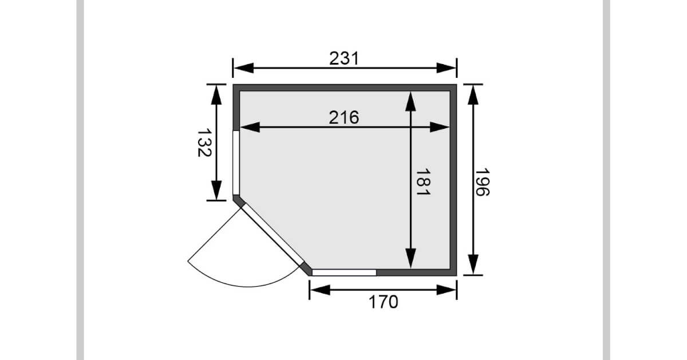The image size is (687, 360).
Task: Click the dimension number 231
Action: [x=344, y=58]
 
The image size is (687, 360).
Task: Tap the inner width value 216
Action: [x=344, y=117]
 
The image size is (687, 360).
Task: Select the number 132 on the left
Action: [x=204, y=143]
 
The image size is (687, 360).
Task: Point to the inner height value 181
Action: [x=423, y=182]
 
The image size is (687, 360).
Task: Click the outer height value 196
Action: [x=482, y=182]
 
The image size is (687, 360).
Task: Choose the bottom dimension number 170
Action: [x=384, y=302]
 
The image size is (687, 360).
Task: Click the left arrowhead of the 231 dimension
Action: [x=243, y=68]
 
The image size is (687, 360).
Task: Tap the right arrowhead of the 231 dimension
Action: [x=447, y=68]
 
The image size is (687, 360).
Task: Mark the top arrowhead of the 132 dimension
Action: [x=216, y=95]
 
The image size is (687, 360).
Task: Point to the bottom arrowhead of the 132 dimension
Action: [x=216, y=191]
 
